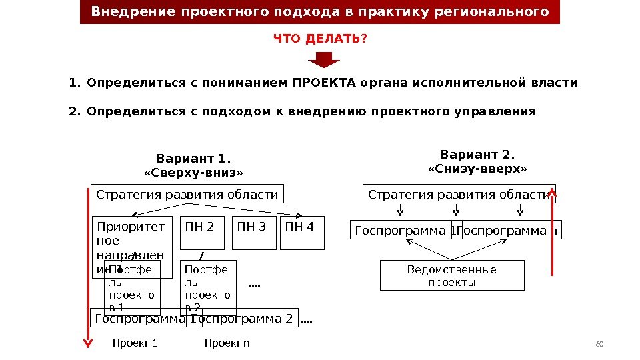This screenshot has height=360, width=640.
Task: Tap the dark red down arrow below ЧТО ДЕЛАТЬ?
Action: (324, 61)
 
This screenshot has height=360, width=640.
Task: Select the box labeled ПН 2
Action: (203, 232)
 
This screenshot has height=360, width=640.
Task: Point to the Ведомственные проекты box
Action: (451, 275)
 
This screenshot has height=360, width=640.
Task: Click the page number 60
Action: (599, 344)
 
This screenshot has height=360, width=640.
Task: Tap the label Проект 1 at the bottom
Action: (135, 343)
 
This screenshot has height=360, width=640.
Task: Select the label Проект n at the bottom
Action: (227, 343)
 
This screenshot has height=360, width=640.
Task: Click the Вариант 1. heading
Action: (193, 159)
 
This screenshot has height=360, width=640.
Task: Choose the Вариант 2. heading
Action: (477, 155)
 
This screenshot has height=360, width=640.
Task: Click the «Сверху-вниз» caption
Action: (193, 173)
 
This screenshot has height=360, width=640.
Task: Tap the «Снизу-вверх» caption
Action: (477, 169)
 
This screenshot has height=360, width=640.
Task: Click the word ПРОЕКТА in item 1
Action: (323, 83)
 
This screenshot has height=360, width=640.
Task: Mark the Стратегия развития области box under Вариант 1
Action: (187, 194)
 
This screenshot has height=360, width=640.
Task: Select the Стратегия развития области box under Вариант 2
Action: (459, 194)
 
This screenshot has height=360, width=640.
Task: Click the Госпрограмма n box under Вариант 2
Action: (511, 230)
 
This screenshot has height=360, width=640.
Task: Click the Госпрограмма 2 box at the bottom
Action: (247, 319)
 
